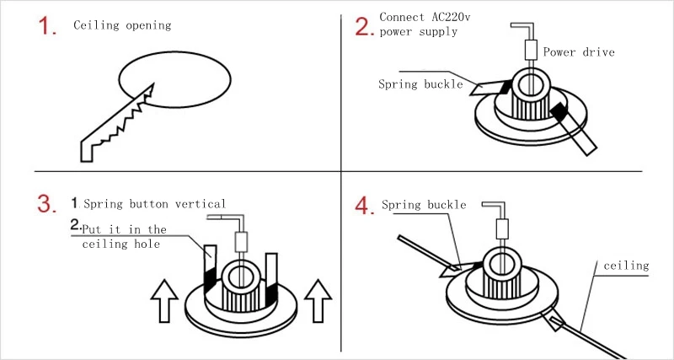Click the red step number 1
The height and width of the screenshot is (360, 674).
(x=48, y=26)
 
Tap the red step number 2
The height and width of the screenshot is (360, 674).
(x=364, y=26)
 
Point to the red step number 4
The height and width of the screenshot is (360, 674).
(x=364, y=205)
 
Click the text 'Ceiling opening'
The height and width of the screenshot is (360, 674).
(x=122, y=25)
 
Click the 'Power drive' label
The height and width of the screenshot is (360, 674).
(x=579, y=52)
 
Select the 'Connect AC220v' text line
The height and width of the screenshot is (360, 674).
(x=419, y=17)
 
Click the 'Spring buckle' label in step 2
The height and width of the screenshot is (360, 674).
(x=420, y=84)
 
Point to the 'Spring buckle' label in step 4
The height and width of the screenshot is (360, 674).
(x=424, y=205)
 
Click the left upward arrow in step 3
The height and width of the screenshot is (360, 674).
(x=165, y=300)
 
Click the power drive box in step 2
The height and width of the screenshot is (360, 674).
(x=531, y=50)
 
